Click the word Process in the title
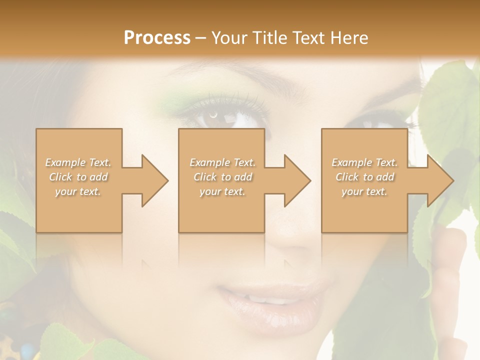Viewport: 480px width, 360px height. click(x=157, y=38)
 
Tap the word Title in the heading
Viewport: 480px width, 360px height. click(x=270, y=38)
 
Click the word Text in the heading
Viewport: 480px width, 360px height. click(x=309, y=38)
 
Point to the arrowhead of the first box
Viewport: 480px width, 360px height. click(x=155, y=180)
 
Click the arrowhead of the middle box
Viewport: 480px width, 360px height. click(x=298, y=180)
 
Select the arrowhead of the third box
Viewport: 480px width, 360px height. click(x=440, y=180)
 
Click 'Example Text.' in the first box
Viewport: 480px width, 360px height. click(x=78, y=162)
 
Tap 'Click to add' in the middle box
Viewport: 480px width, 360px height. click(x=222, y=177)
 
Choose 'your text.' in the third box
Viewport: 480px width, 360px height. click(x=364, y=191)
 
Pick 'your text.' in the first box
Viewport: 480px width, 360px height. click(x=78, y=191)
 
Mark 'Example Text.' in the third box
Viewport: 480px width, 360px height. click(x=364, y=162)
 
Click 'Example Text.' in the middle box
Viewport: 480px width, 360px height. click(x=222, y=162)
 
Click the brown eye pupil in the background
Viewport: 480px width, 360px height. click(x=214, y=115)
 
